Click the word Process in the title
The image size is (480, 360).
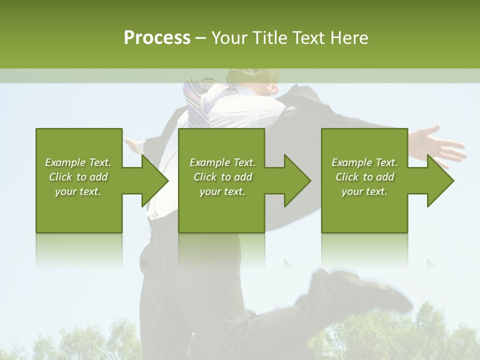(157, 38)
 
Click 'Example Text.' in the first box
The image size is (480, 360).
(78, 162)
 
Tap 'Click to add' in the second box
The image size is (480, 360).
(222, 177)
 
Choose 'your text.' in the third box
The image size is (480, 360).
(364, 191)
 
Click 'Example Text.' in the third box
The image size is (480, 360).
(364, 162)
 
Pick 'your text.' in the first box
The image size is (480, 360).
(78, 191)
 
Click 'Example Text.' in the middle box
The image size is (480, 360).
(222, 162)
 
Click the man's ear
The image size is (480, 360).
(273, 89)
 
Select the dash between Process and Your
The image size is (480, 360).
(201, 38)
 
